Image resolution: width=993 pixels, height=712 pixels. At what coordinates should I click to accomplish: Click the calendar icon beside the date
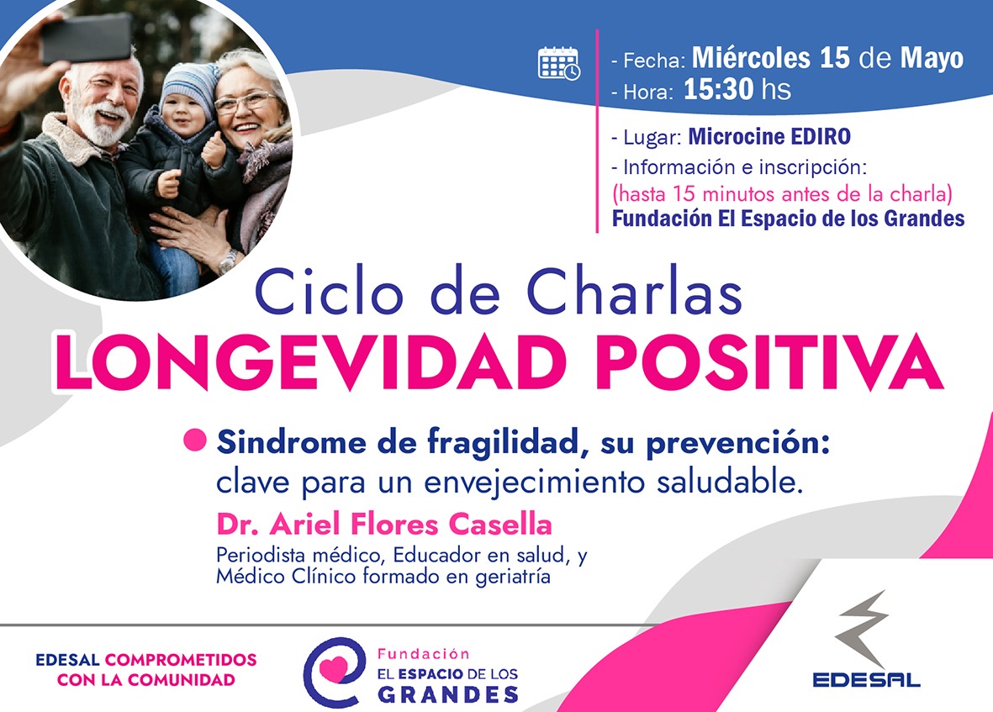(558, 63)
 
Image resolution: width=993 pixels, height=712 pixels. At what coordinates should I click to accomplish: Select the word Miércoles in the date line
(751, 58)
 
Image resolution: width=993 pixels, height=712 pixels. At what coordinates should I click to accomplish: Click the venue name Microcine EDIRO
(769, 136)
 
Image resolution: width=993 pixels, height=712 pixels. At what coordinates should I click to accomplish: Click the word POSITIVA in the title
(769, 362)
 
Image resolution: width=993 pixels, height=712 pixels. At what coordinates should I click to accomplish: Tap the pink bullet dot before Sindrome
(195, 440)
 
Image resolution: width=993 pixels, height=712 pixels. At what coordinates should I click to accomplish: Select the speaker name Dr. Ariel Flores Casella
(384, 524)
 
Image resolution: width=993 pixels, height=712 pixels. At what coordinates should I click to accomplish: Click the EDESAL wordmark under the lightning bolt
(866, 680)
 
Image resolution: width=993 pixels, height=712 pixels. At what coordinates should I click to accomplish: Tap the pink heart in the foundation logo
(334, 668)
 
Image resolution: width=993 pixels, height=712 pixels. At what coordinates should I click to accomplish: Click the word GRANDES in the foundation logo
(448, 694)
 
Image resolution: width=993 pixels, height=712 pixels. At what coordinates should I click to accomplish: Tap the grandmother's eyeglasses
(246, 101)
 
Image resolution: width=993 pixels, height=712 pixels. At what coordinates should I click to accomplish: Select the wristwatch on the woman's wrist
(228, 261)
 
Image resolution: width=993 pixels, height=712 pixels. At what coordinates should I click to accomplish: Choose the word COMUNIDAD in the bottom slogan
(181, 680)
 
